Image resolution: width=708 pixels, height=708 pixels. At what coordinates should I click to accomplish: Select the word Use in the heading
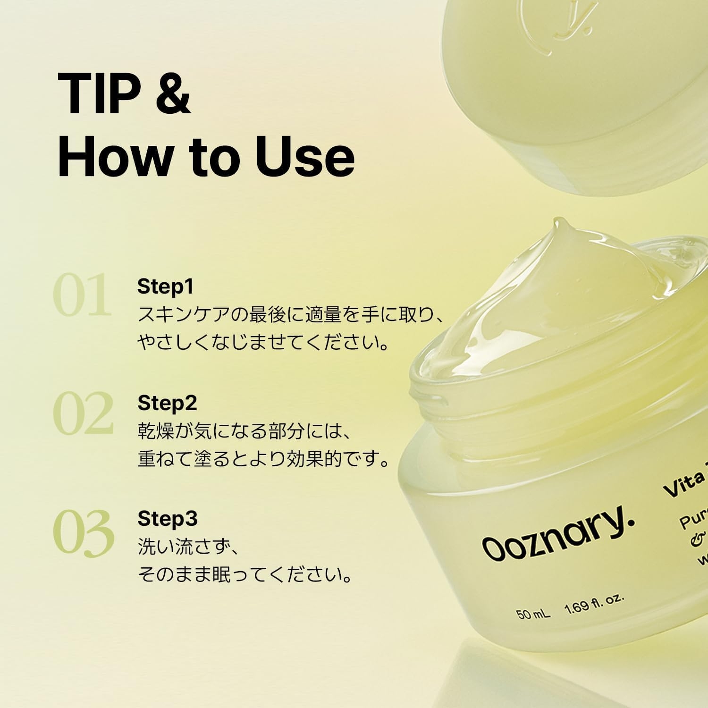304,156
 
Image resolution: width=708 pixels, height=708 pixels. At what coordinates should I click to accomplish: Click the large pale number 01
83,296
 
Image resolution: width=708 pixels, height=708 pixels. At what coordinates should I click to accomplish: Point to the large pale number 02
84,413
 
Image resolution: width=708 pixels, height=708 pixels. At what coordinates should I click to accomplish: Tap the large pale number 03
84,532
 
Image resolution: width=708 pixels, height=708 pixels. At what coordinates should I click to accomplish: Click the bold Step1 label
165,287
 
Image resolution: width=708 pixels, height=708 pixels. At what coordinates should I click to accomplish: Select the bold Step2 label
167,403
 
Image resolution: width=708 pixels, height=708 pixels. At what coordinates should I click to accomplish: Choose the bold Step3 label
168,519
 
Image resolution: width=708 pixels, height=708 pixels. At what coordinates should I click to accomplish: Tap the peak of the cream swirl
559,224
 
